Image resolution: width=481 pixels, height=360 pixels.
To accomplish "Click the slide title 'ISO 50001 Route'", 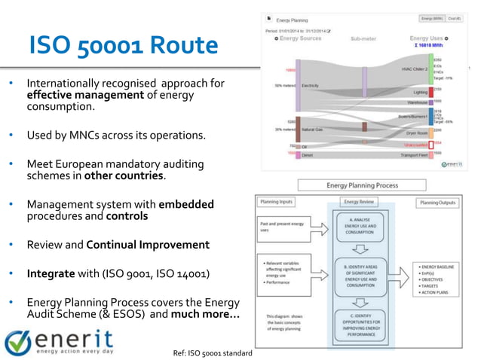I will [x=123, y=47].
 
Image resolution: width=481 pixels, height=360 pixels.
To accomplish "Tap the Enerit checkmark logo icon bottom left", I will [x=17, y=341].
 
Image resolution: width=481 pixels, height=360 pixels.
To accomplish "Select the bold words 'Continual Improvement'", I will [x=148, y=245].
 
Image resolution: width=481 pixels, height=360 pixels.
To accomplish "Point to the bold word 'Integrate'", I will [x=51, y=273].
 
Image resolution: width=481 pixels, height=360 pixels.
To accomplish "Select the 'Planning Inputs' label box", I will [x=277, y=203].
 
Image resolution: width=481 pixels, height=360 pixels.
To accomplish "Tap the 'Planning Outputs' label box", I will [x=438, y=203].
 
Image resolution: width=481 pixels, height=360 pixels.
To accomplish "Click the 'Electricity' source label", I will [x=310, y=85].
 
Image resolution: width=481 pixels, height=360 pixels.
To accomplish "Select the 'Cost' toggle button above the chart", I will [x=453, y=19].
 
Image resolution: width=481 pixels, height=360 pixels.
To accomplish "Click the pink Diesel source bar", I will [x=298, y=154].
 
